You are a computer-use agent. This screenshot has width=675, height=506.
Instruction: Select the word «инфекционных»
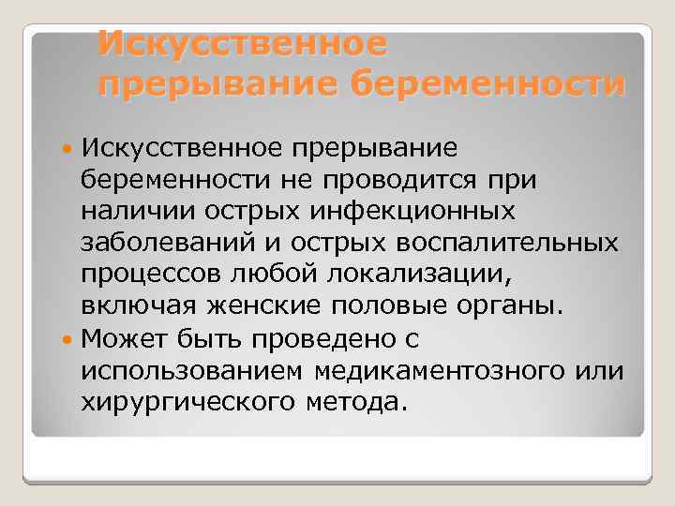(x=414, y=211)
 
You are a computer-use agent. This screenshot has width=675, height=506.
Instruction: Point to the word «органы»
(x=505, y=306)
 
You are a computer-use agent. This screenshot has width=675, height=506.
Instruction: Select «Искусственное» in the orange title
(x=242, y=41)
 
